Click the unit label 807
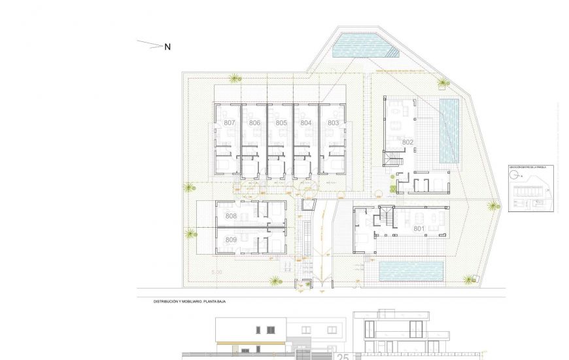(x=230, y=123)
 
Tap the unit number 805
(x=281, y=123)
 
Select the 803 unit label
(x=334, y=123)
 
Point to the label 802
(x=407, y=142)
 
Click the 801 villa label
(x=419, y=228)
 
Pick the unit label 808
(x=231, y=216)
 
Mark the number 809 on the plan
(x=231, y=240)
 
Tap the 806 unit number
(x=255, y=123)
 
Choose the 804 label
(x=306, y=123)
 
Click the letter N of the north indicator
(x=167, y=46)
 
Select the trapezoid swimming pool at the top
(x=361, y=46)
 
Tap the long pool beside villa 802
(x=449, y=131)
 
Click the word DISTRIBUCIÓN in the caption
(x=167, y=302)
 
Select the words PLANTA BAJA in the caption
(x=222, y=302)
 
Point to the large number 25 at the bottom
(x=342, y=356)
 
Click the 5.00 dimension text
(x=216, y=271)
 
